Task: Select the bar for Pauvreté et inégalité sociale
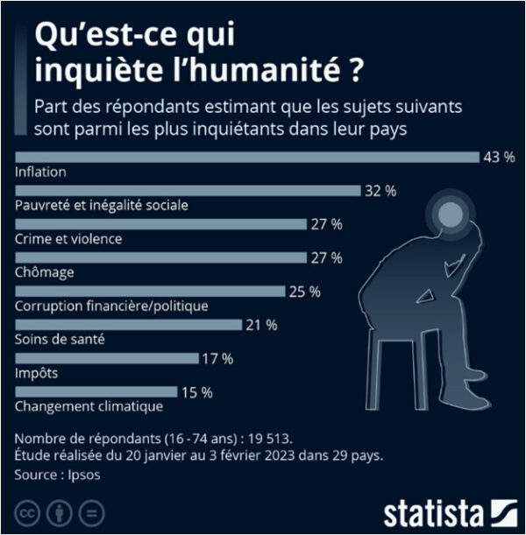[x=188, y=190]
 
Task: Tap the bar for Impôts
[x=108, y=358]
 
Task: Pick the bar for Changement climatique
[x=96, y=391]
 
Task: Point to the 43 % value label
[x=498, y=157]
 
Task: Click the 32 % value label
[x=380, y=190]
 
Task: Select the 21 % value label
[x=260, y=325]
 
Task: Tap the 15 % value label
[x=195, y=391]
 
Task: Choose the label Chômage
[x=45, y=272]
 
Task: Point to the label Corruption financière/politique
[x=111, y=306]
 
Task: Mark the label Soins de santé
[x=60, y=339]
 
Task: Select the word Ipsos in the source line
[x=86, y=474]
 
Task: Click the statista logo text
[x=433, y=512]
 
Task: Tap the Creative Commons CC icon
[x=28, y=511]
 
